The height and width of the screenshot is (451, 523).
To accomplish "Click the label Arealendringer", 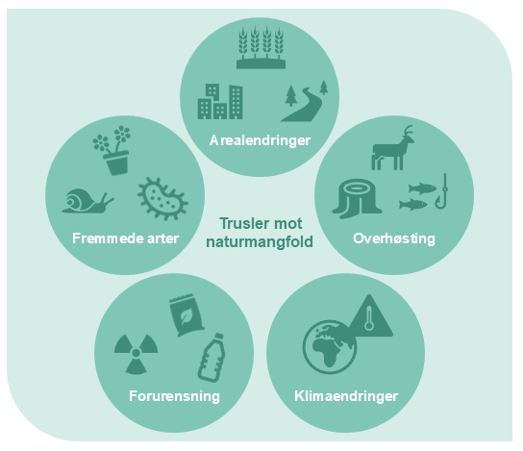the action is pyautogui.click(x=260, y=140).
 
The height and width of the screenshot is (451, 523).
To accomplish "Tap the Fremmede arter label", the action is pyautogui.click(x=125, y=238).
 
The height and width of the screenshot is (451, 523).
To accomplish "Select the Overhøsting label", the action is pyautogui.click(x=394, y=238).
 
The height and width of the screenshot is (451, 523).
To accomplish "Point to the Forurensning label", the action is pyautogui.click(x=174, y=396).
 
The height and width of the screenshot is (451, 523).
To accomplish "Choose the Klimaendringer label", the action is pyautogui.click(x=346, y=396).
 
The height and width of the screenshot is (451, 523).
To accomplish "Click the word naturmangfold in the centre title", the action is pyautogui.click(x=260, y=241).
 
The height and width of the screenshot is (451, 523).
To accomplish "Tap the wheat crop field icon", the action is pyautogui.click(x=261, y=47).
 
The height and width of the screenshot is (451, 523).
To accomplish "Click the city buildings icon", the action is pyautogui.click(x=220, y=101).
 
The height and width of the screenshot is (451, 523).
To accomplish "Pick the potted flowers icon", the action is pyautogui.click(x=113, y=151).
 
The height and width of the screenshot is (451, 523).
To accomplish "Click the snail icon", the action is pyautogui.click(x=87, y=201).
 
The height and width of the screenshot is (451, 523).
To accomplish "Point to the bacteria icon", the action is pyautogui.click(x=162, y=198).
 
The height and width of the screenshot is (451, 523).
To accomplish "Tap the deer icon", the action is pyautogui.click(x=392, y=148).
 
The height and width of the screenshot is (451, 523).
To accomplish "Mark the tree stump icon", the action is pyautogui.click(x=357, y=199).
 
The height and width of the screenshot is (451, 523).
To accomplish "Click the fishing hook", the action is pyautogui.click(x=442, y=192).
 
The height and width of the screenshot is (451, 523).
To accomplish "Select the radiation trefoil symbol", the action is pyautogui.click(x=136, y=353).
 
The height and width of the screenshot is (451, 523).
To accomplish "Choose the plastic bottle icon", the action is pyautogui.click(x=212, y=358).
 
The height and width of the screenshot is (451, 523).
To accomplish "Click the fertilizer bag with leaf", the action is pyautogui.click(x=187, y=315).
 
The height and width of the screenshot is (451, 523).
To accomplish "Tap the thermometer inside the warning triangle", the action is pyautogui.click(x=369, y=318).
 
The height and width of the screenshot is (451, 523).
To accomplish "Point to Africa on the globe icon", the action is pyautogui.click(x=325, y=352).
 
